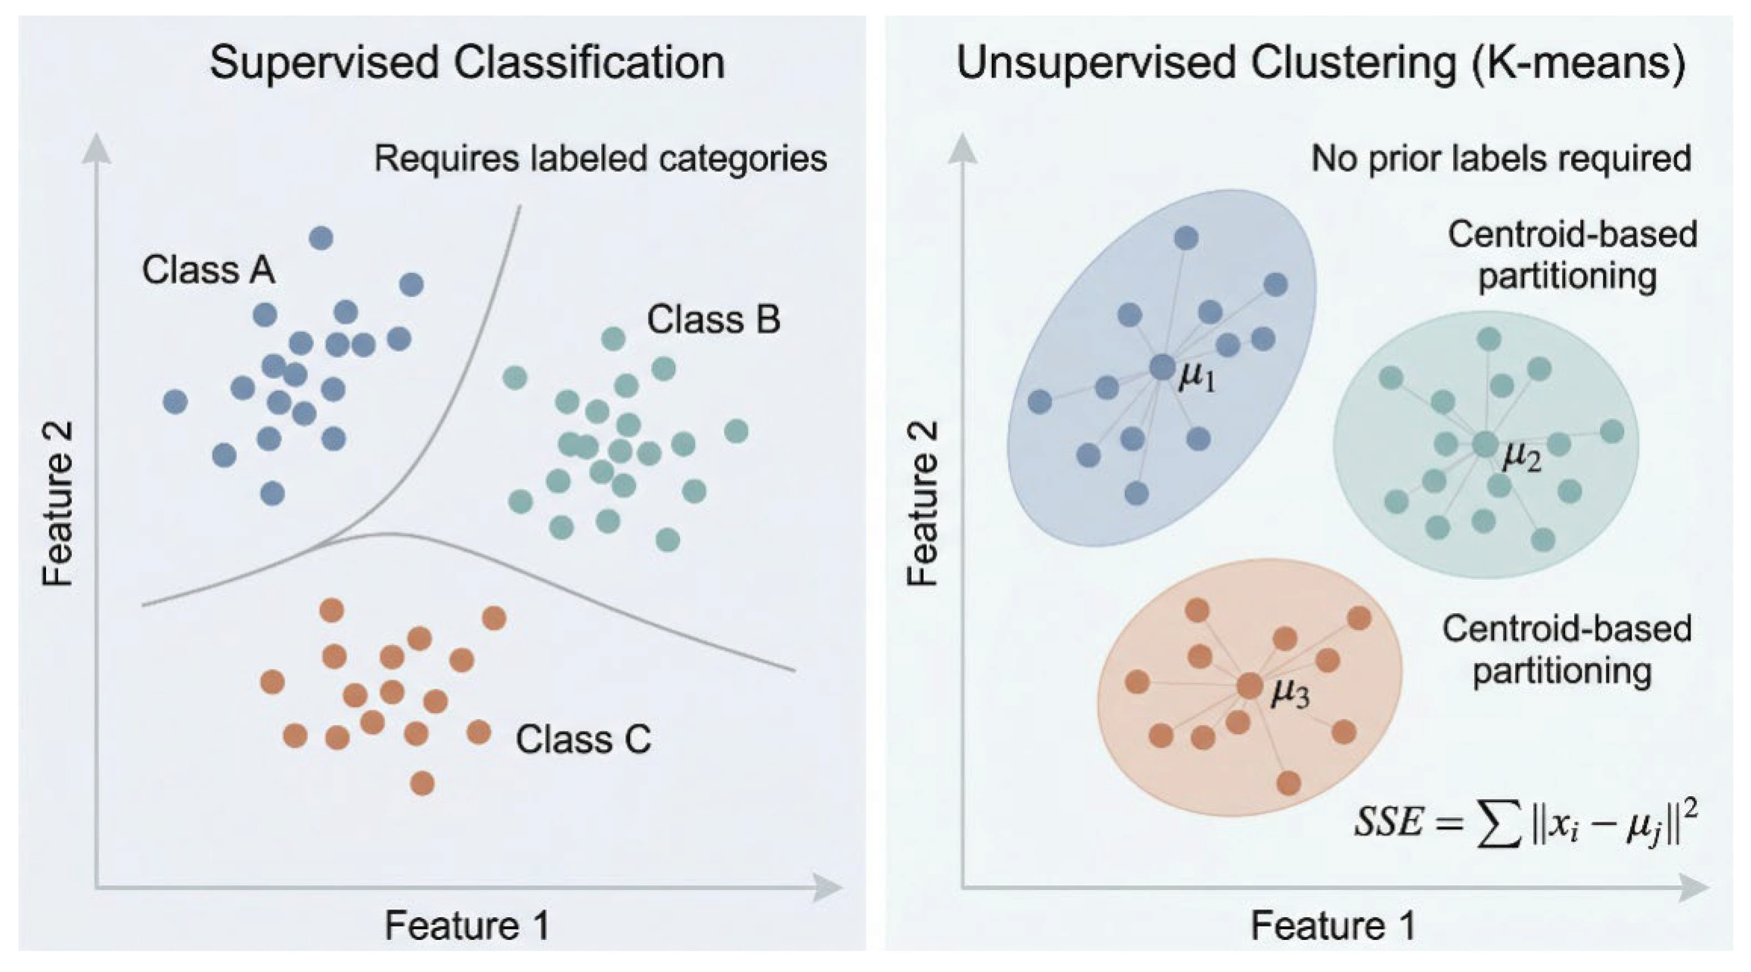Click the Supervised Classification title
467,63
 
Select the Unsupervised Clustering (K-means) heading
1321,63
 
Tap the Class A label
209,270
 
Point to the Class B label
713,319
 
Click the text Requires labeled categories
601,159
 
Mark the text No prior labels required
1501,159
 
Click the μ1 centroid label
1196,379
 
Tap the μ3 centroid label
1290,695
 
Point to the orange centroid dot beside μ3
1250,686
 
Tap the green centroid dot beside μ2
1485,445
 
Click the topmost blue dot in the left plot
321,238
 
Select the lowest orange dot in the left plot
422,783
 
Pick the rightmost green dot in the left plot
736,431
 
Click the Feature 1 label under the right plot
1334,926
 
